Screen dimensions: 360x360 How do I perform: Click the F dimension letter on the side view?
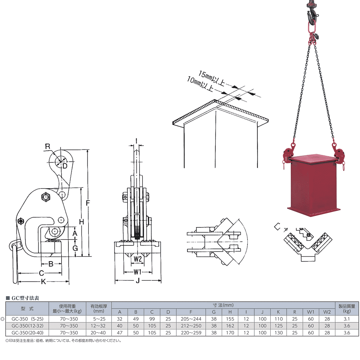point(88,203)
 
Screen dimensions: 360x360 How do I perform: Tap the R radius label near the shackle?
point(48,146)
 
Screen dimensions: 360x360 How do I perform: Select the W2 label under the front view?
point(138,259)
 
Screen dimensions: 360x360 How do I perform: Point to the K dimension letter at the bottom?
point(43,281)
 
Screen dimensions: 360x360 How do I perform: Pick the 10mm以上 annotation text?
point(200,84)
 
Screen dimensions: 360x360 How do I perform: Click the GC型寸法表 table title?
point(25,298)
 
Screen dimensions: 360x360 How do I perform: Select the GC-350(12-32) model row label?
point(28,325)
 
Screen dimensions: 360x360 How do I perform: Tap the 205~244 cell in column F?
point(191,319)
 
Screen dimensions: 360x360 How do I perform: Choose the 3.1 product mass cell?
point(347,319)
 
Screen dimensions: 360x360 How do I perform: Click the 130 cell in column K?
point(278,333)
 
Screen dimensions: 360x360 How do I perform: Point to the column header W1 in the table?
point(311,312)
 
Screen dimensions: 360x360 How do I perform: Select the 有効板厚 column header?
point(99,306)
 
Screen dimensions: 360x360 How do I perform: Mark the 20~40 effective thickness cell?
point(98,333)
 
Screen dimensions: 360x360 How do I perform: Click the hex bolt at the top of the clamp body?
point(45,197)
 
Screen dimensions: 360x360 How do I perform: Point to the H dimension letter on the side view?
point(82,222)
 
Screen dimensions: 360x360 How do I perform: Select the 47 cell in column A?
point(120,333)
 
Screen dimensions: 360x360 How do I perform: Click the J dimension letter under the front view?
point(138,280)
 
